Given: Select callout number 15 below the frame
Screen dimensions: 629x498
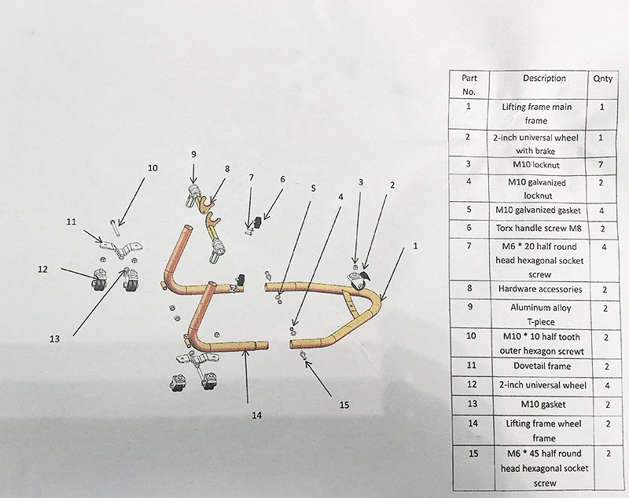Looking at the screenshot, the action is [x=343, y=405].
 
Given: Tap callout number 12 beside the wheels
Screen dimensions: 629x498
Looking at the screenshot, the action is [x=42, y=269].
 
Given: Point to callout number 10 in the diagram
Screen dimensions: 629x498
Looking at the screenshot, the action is [x=153, y=167].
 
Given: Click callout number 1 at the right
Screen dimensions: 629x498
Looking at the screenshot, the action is [x=416, y=245].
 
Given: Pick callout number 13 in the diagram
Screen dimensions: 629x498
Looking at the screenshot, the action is [x=54, y=339].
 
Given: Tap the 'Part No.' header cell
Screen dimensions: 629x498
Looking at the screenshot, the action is [x=469, y=84].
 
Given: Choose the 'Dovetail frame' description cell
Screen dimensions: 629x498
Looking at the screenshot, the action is [x=543, y=365].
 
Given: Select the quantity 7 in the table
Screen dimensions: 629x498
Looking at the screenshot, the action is [x=602, y=165].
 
